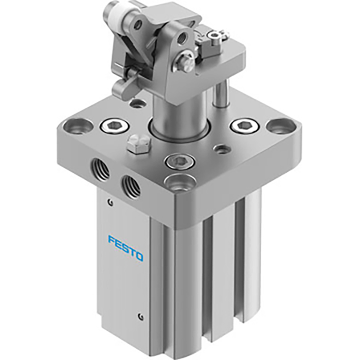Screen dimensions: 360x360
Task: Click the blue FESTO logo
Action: tap(125, 248)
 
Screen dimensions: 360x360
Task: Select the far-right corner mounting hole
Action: tap(278, 126)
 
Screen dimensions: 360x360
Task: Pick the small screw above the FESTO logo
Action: tap(109, 202)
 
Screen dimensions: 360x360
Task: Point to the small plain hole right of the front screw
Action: tap(221, 150)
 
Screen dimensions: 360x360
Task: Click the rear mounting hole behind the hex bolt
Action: tap(138, 104)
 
